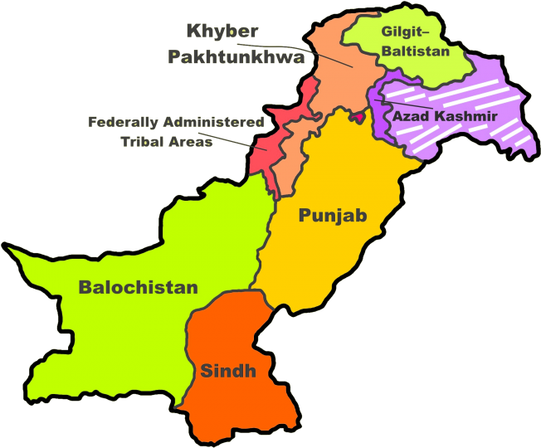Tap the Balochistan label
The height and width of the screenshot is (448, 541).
(138, 287)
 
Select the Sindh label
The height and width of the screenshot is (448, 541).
(227, 371)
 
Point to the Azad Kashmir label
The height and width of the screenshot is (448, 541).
(444, 116)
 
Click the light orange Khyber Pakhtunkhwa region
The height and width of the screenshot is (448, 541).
(332, 83)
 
